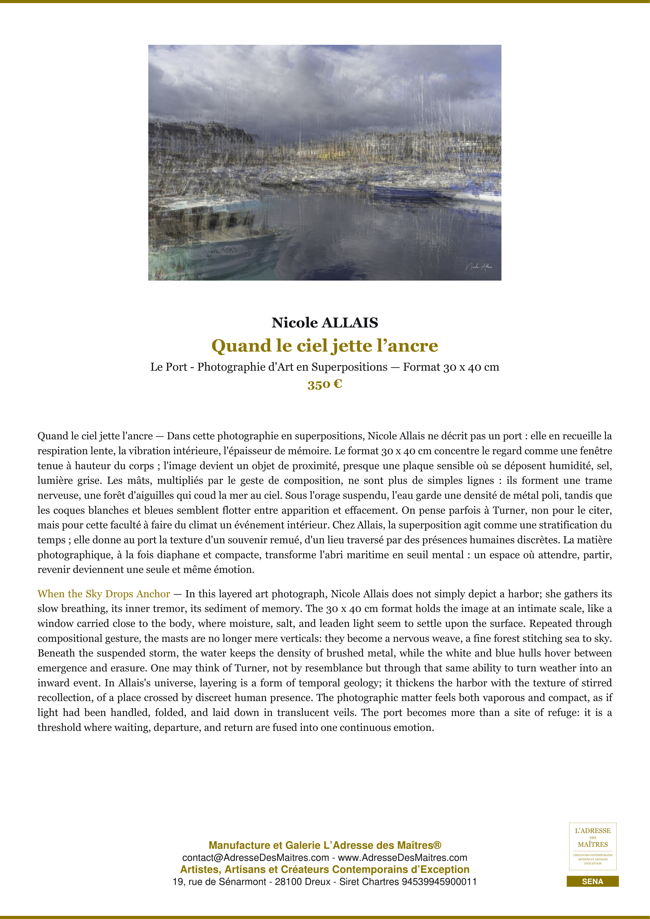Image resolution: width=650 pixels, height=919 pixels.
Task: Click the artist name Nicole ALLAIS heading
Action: tap(325, 322)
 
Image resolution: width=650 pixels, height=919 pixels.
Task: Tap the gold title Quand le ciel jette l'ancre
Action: tap(325, 346)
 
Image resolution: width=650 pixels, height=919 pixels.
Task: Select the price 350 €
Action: tap(325, 384)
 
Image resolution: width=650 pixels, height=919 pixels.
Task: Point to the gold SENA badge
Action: tap(592, 881)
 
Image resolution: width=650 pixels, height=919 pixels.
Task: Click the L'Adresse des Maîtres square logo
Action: tap(592, 846)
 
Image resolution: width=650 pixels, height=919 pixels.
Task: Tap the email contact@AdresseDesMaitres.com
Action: tap(255, 858)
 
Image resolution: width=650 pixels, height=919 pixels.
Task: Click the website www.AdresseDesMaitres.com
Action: tap(403, 858)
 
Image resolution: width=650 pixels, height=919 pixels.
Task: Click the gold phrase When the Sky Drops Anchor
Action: tap(104, 594)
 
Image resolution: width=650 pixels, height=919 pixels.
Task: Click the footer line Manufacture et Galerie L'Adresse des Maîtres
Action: tap(325, 845)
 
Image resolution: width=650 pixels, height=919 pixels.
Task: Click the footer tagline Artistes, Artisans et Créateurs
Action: tap(325, 869)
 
